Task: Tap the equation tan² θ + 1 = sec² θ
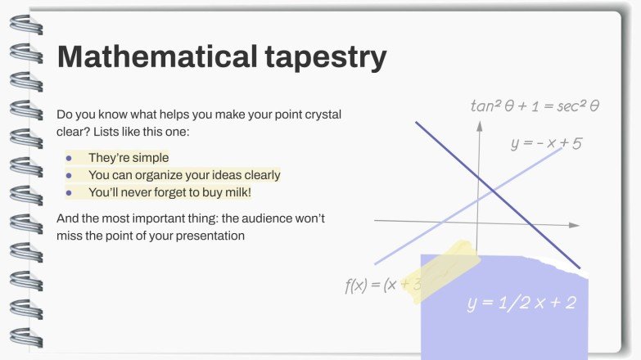click(535, 106)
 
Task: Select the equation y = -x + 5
click(546, 144)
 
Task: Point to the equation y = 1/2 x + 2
click(521, 303)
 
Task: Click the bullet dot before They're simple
click(70, 158)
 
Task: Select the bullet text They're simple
click(129, 158)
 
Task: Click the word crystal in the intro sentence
click(322, 115)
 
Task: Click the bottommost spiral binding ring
click(22, 336)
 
